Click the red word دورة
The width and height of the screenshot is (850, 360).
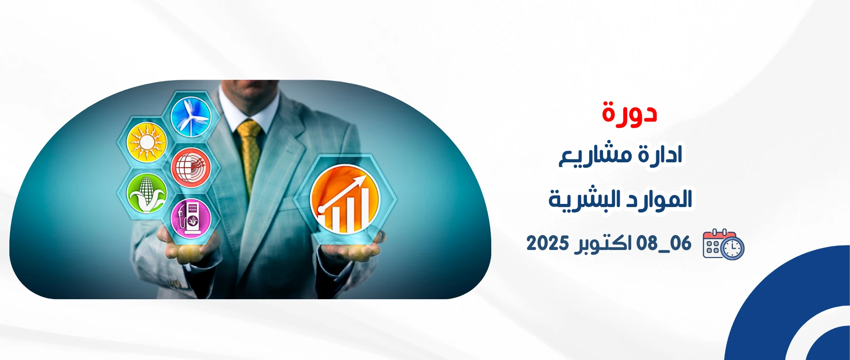(629, 113)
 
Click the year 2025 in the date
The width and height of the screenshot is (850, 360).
(548, 243)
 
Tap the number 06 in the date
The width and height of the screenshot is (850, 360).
(680, 243)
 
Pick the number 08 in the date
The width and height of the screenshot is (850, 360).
(647, 243)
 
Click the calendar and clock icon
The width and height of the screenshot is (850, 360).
(723, 244)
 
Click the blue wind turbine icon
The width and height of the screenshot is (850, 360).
(191, 116)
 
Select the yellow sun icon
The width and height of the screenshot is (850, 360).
(147, 142)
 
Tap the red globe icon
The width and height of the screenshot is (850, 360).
(191, 168)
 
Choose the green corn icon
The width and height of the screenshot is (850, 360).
(147, 193)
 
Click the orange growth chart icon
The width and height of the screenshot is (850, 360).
(344, 199)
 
